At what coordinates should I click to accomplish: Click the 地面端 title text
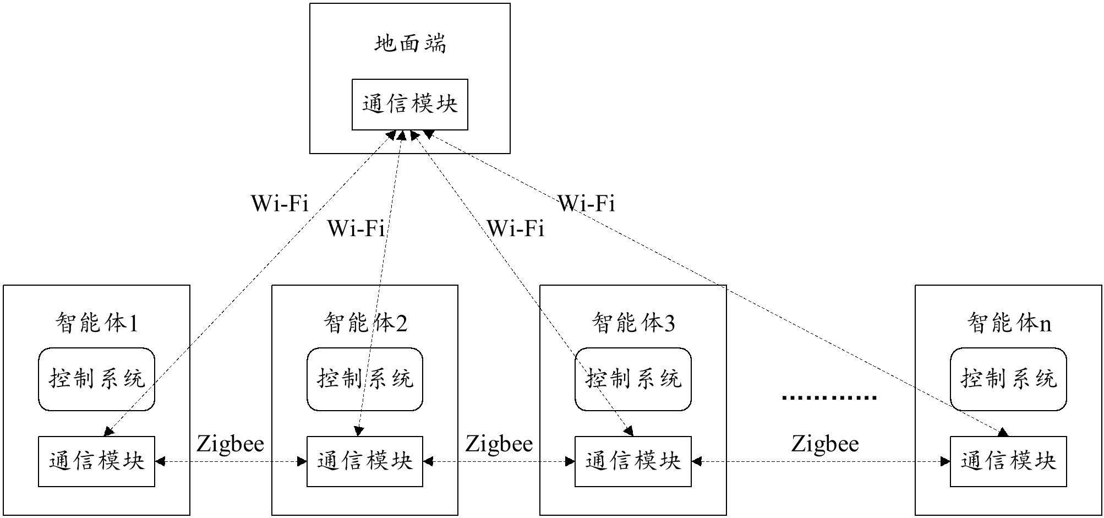(410, 43)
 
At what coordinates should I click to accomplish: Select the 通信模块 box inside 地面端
(410, 105)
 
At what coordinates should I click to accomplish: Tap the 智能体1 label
(97, 323)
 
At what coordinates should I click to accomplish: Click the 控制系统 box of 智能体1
(97, 379)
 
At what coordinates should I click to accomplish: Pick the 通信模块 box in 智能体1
(97, 461)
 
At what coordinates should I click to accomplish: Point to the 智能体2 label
(365, 323)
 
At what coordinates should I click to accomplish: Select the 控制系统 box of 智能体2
(365, 379)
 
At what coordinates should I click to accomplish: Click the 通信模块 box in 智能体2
(365, 461)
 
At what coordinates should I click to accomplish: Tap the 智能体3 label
(633, 323)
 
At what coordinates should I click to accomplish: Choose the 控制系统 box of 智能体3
(633, 379)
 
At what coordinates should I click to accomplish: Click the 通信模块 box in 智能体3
(633, 461)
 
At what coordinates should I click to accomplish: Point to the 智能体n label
(1009, 323)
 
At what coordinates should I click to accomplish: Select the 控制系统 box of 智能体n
(1009, 379)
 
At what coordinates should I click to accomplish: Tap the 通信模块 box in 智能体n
(1009, 461)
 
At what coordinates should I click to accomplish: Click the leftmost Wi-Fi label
(280, 204)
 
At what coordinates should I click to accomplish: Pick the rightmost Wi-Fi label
(587, 204)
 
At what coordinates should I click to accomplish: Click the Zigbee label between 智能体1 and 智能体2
(230, 444)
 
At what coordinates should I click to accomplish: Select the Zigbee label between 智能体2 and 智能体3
(499, 444)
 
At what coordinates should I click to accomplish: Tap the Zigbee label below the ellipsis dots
(825, 444)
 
